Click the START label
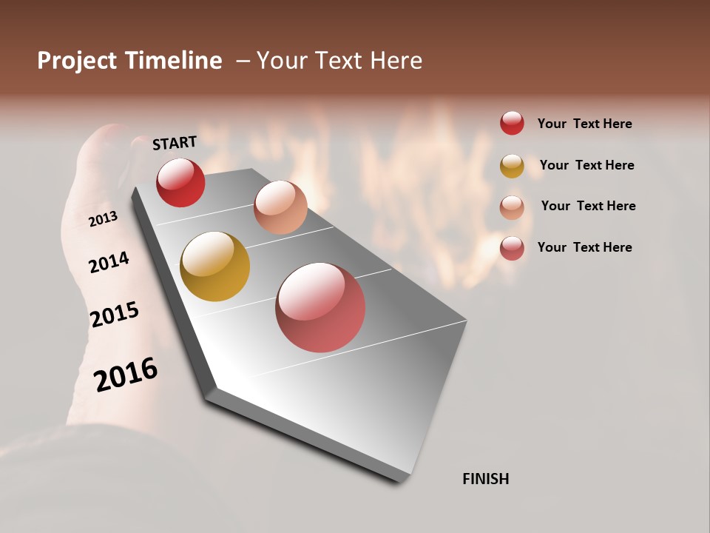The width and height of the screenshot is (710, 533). pos(175,143)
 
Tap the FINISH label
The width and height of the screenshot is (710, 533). pos(486,479)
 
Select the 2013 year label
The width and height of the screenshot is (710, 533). pos(103,219)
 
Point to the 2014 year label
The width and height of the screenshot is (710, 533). pos(109,262)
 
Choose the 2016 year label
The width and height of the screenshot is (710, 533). pos(126,374)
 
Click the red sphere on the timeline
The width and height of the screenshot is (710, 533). pos(180,182)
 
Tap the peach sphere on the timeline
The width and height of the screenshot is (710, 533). pos(280,207)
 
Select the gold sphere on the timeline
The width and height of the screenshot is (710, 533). pos(214,266)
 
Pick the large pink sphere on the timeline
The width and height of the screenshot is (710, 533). pos(320,307)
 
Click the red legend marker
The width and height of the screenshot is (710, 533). pos(512,123)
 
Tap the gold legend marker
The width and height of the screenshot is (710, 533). pos(512,166)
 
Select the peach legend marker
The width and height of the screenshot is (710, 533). pos(512,207)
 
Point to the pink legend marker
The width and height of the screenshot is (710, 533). pos(512,248)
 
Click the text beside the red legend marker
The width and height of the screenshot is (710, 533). pos(585,124)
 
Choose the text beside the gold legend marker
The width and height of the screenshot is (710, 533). pos(586,165)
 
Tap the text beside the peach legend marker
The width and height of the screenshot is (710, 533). pos(588,206)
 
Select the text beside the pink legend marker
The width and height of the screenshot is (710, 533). pos(585,247)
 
